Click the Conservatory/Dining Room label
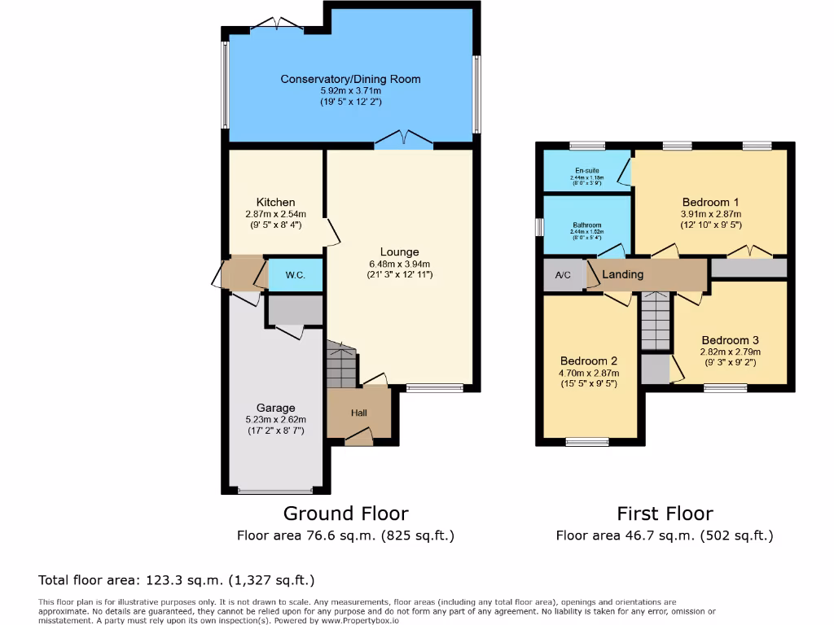click(x=350, y=79)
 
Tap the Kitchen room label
click(x=275, y=202)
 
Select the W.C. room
click(x=295, y=275)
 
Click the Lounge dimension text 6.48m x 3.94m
click(x=399, y=264)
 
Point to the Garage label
click(x=275, y=408)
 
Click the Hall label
click(x=358, y=413)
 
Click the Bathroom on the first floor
click(x=586, y=225)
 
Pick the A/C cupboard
click(x=563, y=275)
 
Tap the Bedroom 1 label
click(x=711, y=202)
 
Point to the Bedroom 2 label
click(x=589, y=361)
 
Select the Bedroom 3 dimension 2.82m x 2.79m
click(x=731, y=352)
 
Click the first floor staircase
click(x=654, y=320)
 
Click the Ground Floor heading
click(x=345, y=514)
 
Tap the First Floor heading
click(x=664, y=514)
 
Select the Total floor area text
click(x=176, y=580)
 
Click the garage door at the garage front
click(x=274, y=491)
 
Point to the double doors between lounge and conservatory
click(x=404, y=142)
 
